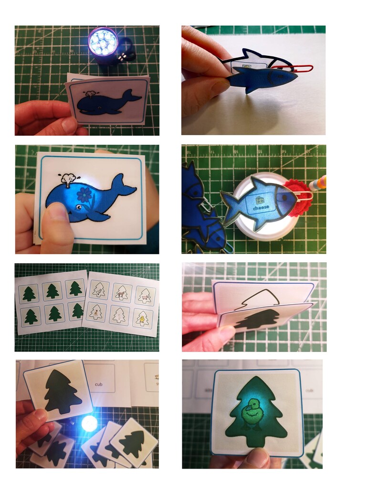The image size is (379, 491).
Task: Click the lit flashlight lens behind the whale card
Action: [x=103, y=42]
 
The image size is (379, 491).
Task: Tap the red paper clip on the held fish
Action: [x=301, y=68]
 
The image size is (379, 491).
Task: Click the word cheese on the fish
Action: [x=262, y=207]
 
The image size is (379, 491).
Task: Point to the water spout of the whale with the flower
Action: [x=68, y=178]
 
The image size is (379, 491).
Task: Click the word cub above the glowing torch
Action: [x=99, y=383]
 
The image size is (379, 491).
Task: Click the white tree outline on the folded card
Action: [x=257, y=296]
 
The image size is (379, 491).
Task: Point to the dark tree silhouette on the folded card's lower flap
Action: [x=260, y=319]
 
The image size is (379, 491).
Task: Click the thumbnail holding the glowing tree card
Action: [x=258, y=457]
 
